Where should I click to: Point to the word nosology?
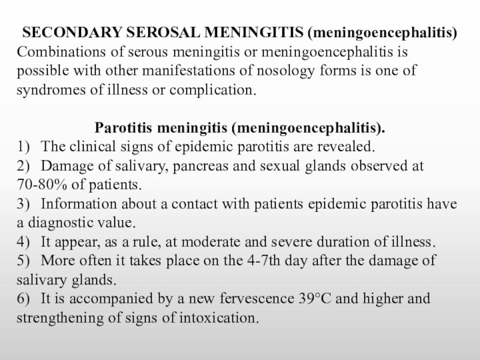tap(286, 70)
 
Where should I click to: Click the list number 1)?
tap(23, 146)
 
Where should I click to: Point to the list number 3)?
tap(23, 203)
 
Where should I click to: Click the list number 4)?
tap(23, 242)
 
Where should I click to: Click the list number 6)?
tap(23, 299)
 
